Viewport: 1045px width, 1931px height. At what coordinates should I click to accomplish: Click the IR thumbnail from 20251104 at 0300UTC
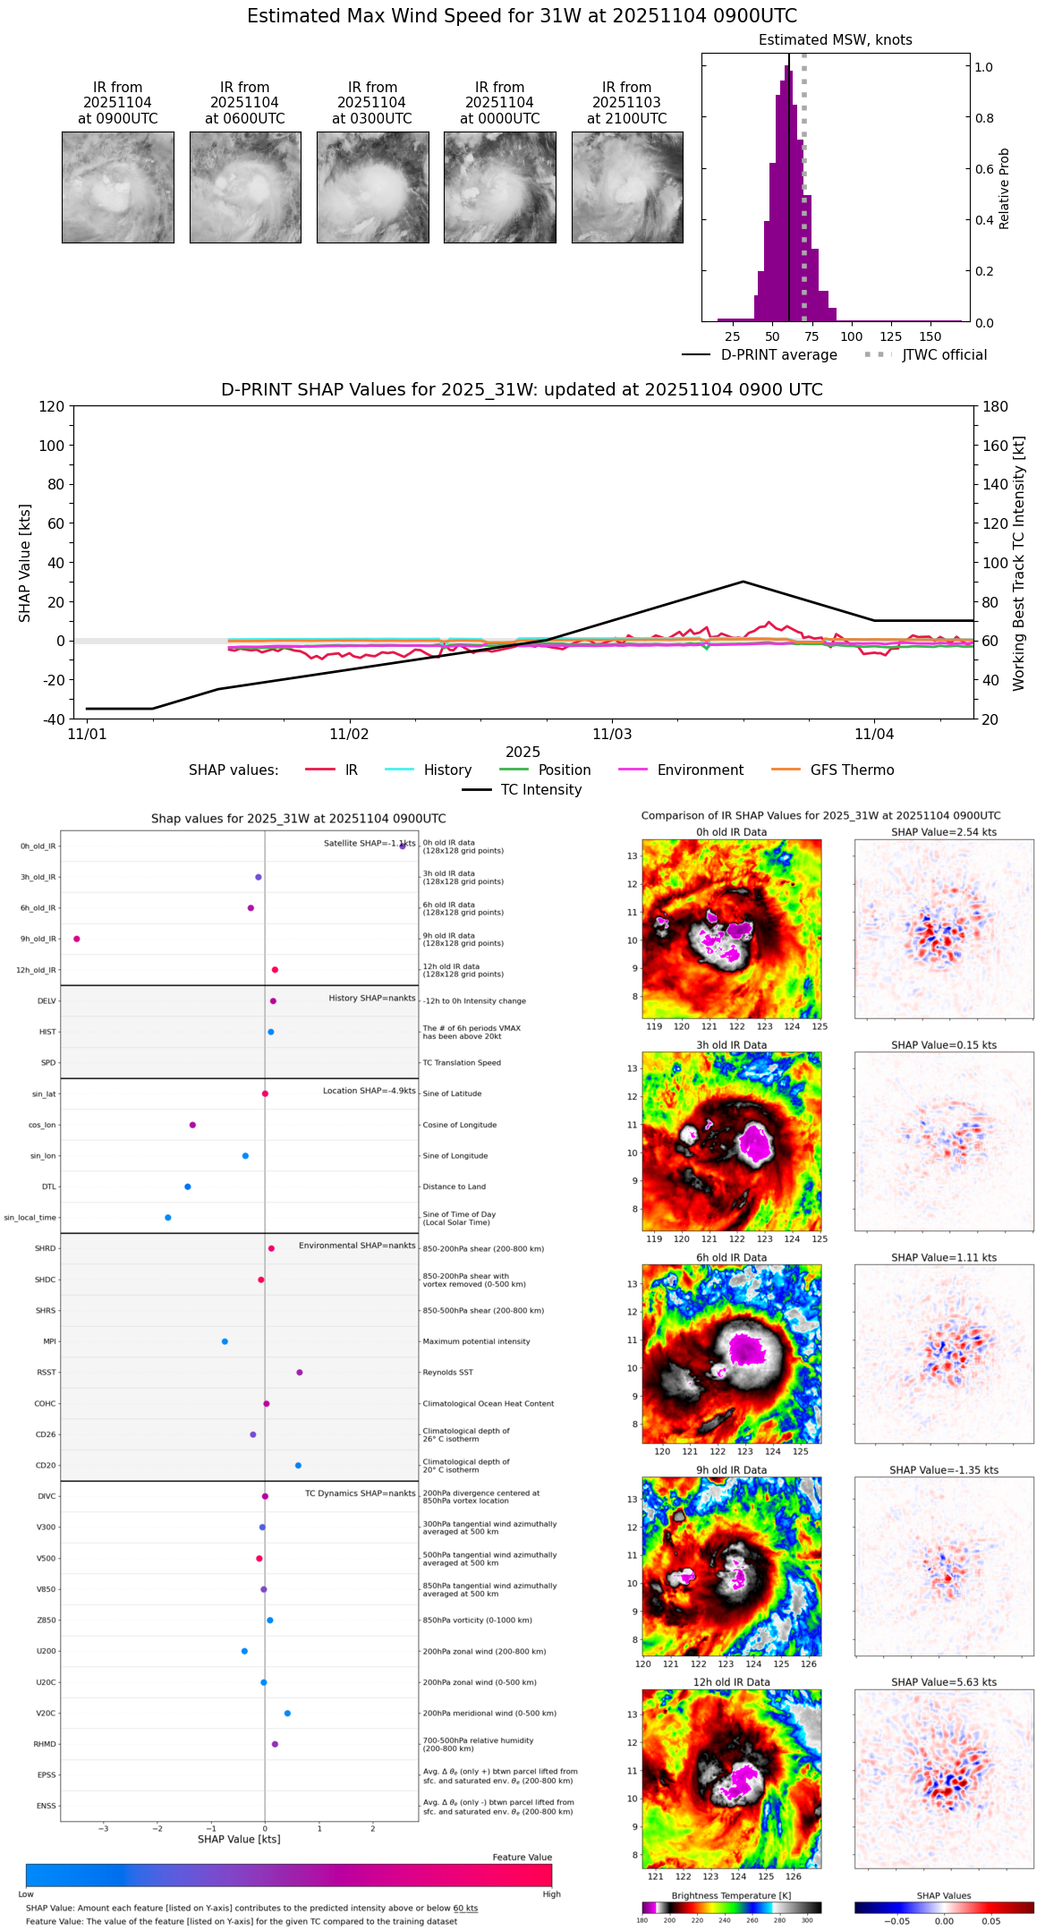point(372,187)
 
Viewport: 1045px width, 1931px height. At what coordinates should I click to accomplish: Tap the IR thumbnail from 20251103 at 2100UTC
point(627,187)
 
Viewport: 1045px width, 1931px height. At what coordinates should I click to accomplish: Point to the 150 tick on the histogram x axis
point(930,336)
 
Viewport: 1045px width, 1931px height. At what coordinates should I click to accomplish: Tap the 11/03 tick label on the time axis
point(612,735)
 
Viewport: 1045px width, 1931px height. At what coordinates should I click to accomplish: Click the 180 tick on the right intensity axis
point(995,407)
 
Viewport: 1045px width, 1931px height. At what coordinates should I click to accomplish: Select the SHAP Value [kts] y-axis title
point(25,563)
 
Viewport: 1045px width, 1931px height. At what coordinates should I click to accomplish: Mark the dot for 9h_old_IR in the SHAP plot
point(77,939)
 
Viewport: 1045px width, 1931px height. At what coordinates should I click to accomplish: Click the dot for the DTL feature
point(188,1187)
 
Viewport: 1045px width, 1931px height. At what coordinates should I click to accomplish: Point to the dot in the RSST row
point(300,1372)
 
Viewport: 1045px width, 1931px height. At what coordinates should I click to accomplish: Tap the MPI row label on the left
point(49,1341)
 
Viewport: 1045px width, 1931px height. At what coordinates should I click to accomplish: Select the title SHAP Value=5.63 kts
point(944,1682)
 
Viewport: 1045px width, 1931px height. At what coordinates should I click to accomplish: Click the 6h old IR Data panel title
point(731,1257)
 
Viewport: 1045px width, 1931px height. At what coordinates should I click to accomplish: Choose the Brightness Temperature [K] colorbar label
point(731,1895)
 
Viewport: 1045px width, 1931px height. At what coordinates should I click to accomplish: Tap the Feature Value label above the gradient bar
point(522,1857)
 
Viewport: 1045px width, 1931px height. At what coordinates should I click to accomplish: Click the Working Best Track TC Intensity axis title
point(1018,563)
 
